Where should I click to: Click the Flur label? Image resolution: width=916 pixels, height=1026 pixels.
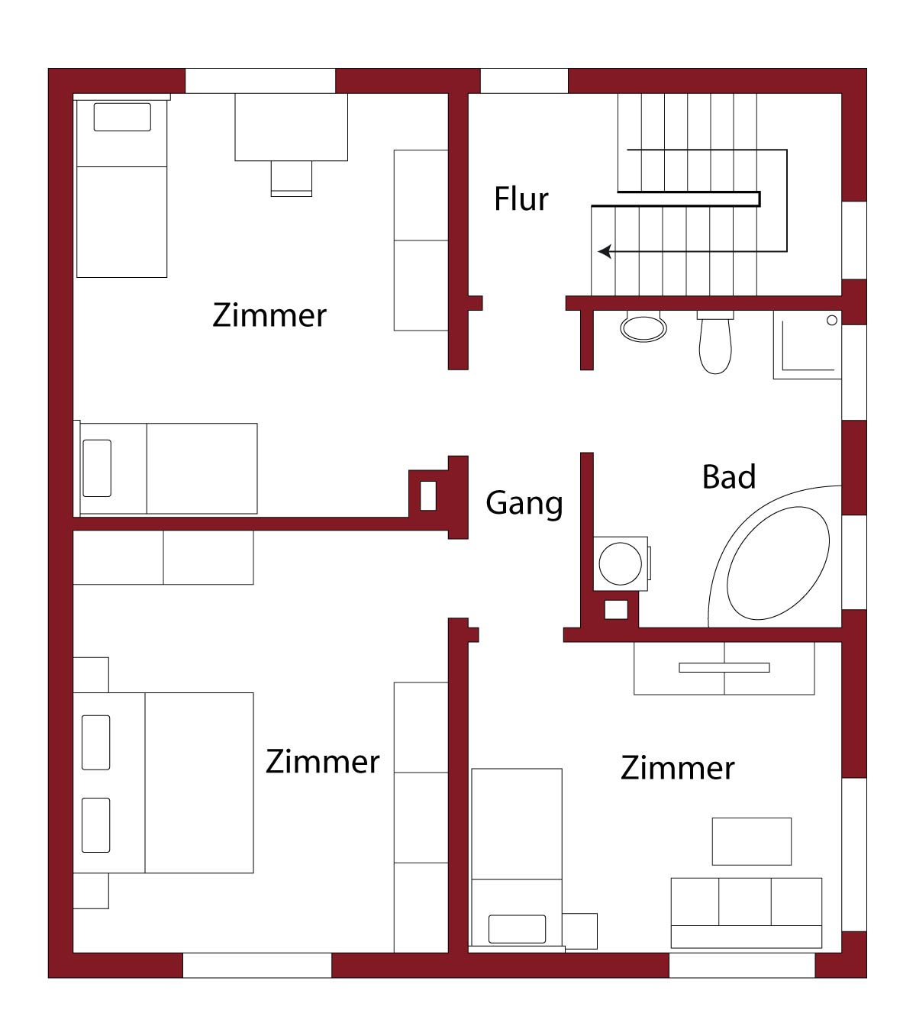coord(521,198)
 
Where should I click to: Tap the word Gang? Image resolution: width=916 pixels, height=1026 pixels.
coord(524,504)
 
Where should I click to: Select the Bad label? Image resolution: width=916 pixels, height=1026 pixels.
coord(729,476)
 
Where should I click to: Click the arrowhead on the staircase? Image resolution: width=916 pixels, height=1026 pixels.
coord(605,251)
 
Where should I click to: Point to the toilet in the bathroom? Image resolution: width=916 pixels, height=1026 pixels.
coord(715,342)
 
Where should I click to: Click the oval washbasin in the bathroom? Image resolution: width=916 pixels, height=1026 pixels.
coord(643,327)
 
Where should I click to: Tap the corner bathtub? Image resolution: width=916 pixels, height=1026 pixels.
coord(775,557)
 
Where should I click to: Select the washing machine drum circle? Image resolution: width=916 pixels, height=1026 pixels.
coord(621,563)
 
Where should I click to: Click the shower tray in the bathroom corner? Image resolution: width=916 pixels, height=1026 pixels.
coord(807,344)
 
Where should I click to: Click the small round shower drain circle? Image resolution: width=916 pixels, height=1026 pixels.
coord(832,320)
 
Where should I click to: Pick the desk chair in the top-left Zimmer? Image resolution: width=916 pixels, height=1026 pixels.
coord(291,179)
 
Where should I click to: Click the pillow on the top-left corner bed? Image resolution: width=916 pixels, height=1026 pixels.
coord(122,117)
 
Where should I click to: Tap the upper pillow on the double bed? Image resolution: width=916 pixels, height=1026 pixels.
coord(95,743)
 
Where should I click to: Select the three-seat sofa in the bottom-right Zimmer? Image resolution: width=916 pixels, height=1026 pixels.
coord(747,912)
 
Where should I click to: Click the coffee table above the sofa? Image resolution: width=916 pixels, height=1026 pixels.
coord(751,841)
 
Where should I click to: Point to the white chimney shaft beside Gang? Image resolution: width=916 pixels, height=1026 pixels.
coord(428,495)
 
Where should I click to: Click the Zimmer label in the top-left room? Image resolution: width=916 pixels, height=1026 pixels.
coord(269,315)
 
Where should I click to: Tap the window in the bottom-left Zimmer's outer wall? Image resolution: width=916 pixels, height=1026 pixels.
coord(256,965)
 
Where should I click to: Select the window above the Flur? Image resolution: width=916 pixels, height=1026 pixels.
coord(524,81)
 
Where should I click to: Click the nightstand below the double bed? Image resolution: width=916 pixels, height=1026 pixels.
coord(91,891)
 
